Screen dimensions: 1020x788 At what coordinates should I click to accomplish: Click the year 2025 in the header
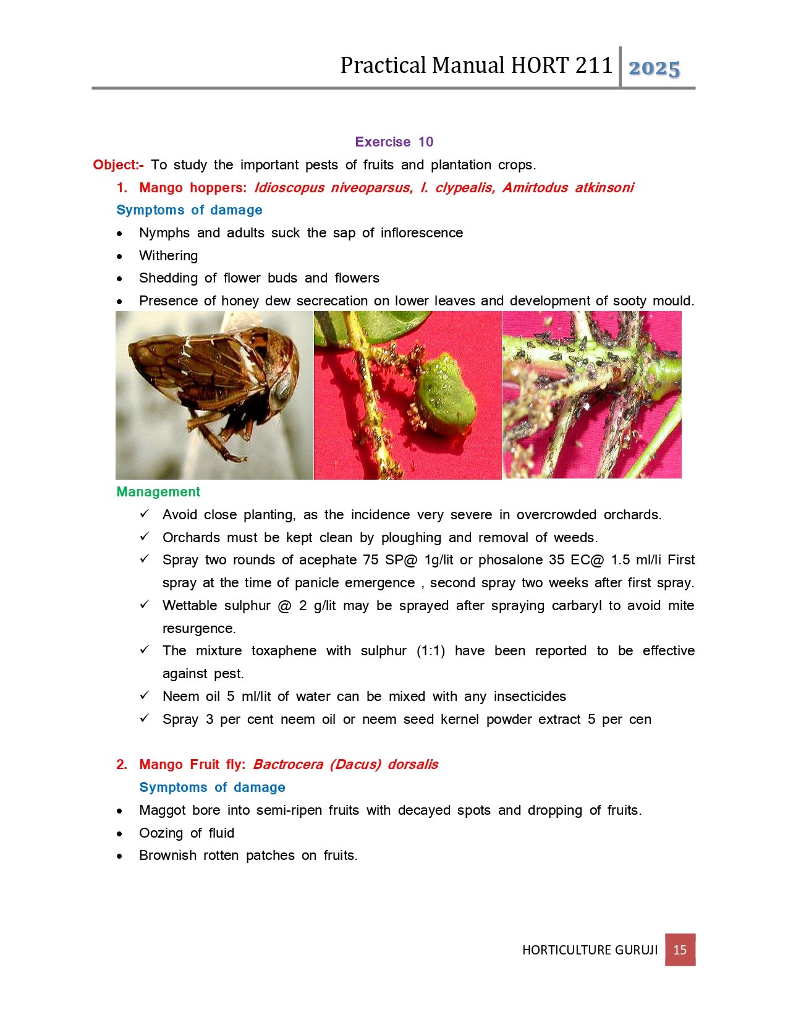point(654,68)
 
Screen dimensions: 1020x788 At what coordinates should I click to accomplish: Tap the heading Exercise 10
point(394,142)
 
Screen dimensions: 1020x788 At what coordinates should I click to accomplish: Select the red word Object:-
point(118,165)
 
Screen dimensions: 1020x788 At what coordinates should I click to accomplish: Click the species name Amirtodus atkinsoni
point(567,188)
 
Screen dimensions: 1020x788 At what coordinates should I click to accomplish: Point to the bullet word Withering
point(168,256)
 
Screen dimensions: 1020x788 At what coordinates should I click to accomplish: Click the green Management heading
point(158,492)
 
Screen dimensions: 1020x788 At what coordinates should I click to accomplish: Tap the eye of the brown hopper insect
point(283,388)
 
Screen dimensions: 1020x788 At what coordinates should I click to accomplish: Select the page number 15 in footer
point(680,950)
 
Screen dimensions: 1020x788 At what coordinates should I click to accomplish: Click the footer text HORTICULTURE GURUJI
point(590,950)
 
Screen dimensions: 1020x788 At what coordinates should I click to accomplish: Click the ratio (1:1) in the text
point(430,651)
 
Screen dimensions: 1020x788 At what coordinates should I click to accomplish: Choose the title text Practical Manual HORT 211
point(476,66)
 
